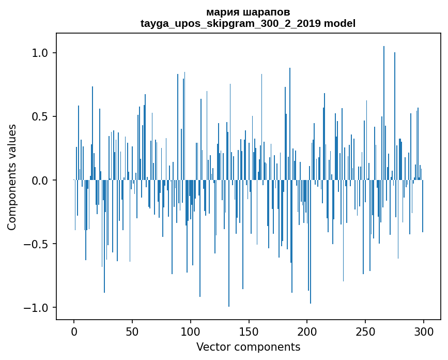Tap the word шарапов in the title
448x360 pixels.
(266, 12)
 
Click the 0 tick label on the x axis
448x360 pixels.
(74, 331)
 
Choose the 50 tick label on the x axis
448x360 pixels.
(132, 331)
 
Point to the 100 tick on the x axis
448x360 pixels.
(191, 331)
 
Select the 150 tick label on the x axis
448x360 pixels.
(249, 331)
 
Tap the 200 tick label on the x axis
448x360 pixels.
(307, 331)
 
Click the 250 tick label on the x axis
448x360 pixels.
(365, 331)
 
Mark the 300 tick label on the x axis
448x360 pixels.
(424, 331)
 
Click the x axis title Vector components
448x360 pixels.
(248, 347)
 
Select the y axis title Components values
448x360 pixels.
(12, 177)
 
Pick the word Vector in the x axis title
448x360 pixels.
(212, 347)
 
